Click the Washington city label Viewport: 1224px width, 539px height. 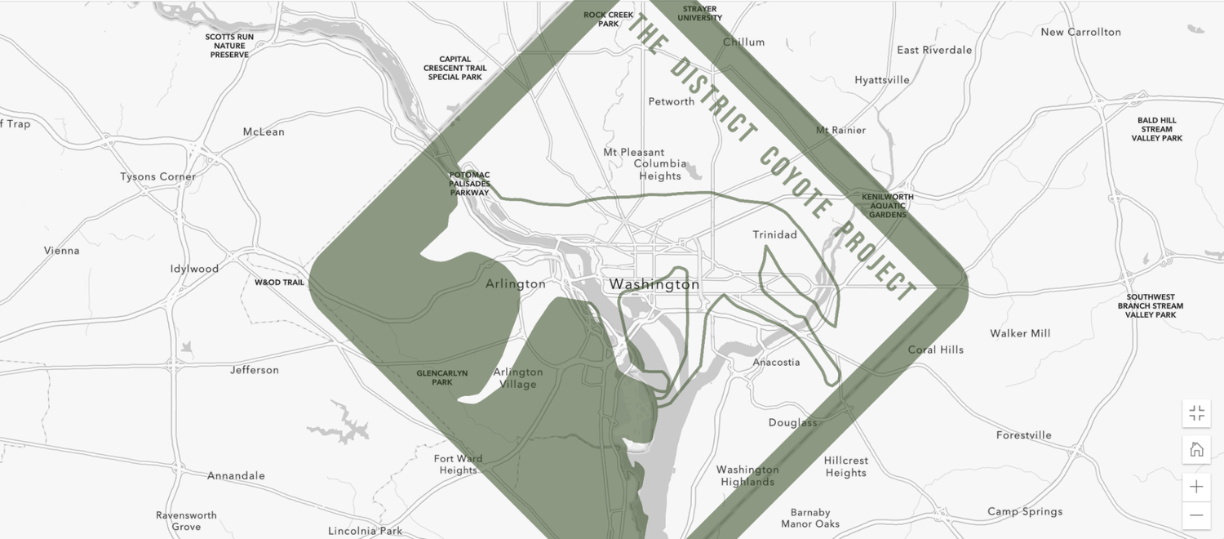point(654,284)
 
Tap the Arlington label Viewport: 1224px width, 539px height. point(515,284)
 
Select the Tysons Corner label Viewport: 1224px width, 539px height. point(157,176)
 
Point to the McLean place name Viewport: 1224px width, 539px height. point(264,131)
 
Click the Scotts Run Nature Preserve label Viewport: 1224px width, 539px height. point(229,46)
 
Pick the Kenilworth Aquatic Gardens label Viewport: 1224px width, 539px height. point(888,206)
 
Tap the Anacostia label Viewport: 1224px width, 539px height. point(776,362)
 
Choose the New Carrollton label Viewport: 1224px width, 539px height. point(1080,32)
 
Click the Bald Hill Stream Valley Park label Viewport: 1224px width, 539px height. point(1156,129)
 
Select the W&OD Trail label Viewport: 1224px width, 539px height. point(279,283)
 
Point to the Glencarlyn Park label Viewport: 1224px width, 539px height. point(441,377)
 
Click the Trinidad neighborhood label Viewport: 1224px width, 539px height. point(774,234)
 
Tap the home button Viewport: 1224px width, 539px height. point(1196,449)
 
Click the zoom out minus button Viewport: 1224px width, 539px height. point(1196,514)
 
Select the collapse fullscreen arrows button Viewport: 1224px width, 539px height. point(1196,413)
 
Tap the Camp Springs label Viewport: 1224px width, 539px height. point(1025,511)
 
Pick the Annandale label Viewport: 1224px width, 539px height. point(236,475)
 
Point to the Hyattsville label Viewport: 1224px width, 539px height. point(881,80)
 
